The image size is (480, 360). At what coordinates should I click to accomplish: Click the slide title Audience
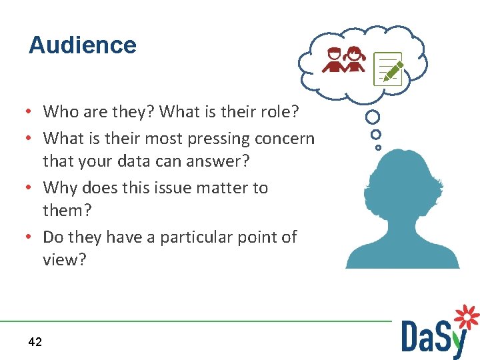point(83,45)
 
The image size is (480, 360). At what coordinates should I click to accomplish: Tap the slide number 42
point(35,342)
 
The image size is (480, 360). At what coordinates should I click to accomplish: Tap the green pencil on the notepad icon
point(393,70)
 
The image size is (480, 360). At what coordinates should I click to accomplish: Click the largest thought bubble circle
point(373,117)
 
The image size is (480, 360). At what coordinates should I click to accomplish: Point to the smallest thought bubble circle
point(378,147)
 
